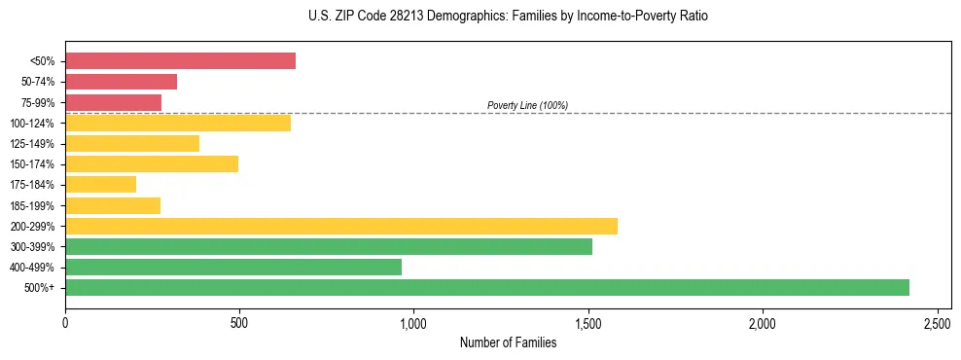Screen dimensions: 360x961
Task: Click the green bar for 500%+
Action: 486,287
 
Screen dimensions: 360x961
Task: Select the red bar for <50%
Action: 180,61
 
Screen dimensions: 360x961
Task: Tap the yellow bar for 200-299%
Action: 340,226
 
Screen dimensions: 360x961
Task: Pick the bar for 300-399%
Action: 328,246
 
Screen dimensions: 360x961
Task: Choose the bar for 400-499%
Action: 233,267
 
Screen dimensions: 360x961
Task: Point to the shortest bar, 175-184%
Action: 100,184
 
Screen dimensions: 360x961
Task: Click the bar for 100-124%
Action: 178,123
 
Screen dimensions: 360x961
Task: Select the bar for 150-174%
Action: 152,163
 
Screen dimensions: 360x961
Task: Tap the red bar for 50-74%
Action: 121,82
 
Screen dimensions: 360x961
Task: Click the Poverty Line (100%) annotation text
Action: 527,105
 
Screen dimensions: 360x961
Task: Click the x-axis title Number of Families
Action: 508,342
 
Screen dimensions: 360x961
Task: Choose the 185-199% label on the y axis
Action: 34,205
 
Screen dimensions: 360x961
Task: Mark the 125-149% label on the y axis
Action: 34,144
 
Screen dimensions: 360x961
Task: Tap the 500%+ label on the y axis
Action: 41,288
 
